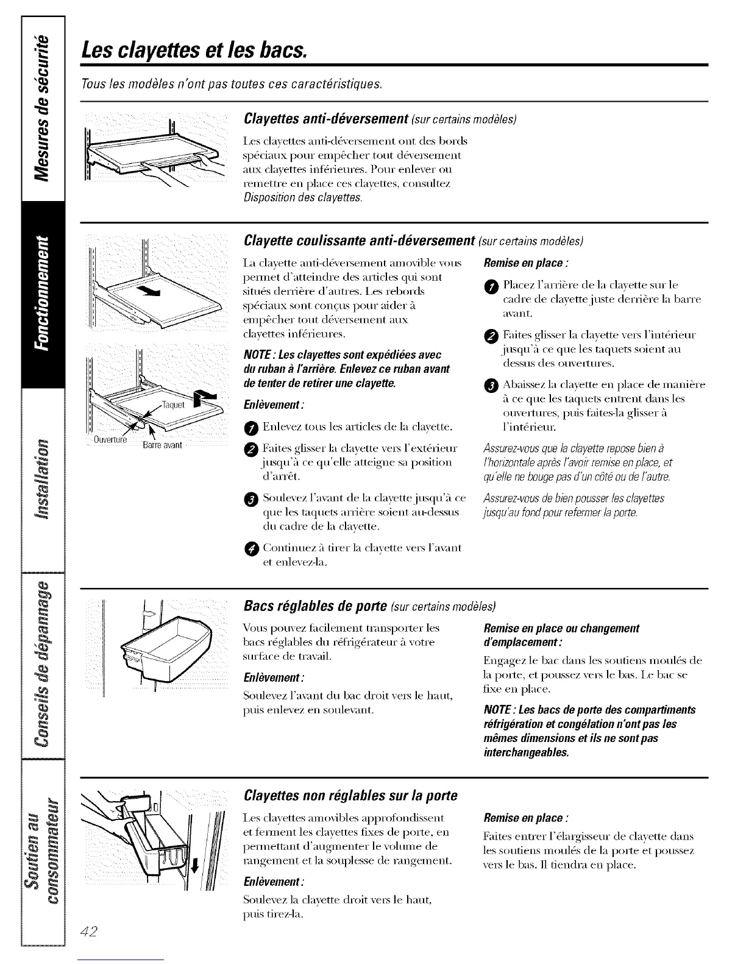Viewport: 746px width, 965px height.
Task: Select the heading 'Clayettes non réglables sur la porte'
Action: coord(350,796)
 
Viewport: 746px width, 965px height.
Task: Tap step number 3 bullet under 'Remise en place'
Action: coord(493,386)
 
